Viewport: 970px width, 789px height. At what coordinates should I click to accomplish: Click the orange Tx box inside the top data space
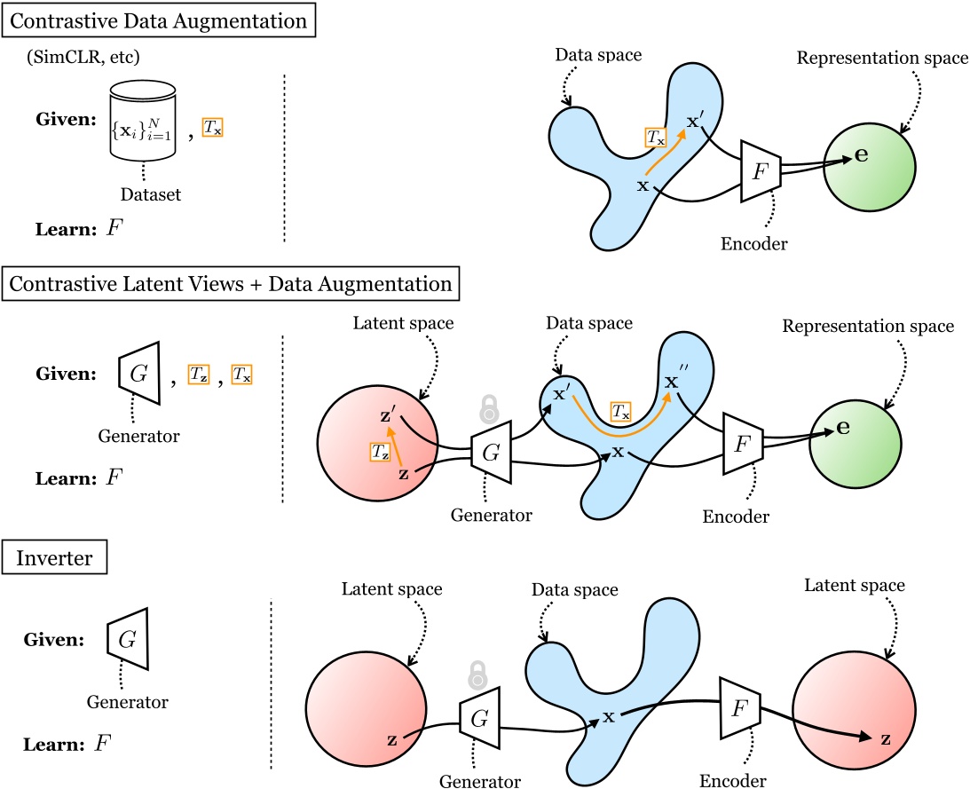(656, 138)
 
